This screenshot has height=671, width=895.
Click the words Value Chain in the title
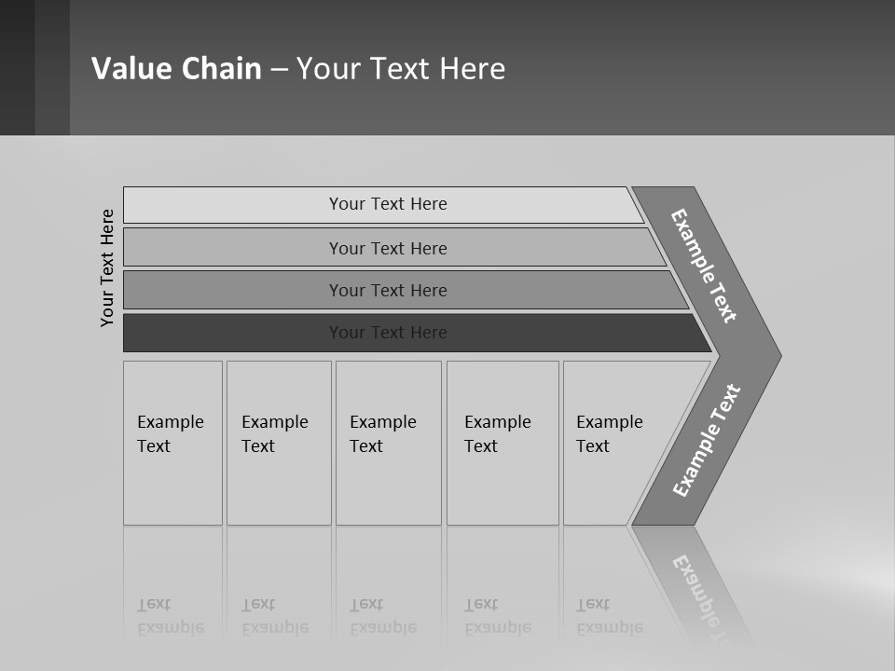coord(176,68)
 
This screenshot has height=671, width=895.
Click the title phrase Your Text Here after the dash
coord(401,68)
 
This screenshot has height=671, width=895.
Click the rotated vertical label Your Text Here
coord(107,267)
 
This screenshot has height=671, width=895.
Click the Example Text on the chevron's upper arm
coord(704,266)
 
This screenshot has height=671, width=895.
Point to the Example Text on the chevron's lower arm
coord(706,441)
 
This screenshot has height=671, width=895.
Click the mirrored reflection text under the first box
coord(170,616)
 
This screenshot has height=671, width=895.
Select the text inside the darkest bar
coord(388,333)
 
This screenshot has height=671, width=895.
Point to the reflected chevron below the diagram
coord(699,587)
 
